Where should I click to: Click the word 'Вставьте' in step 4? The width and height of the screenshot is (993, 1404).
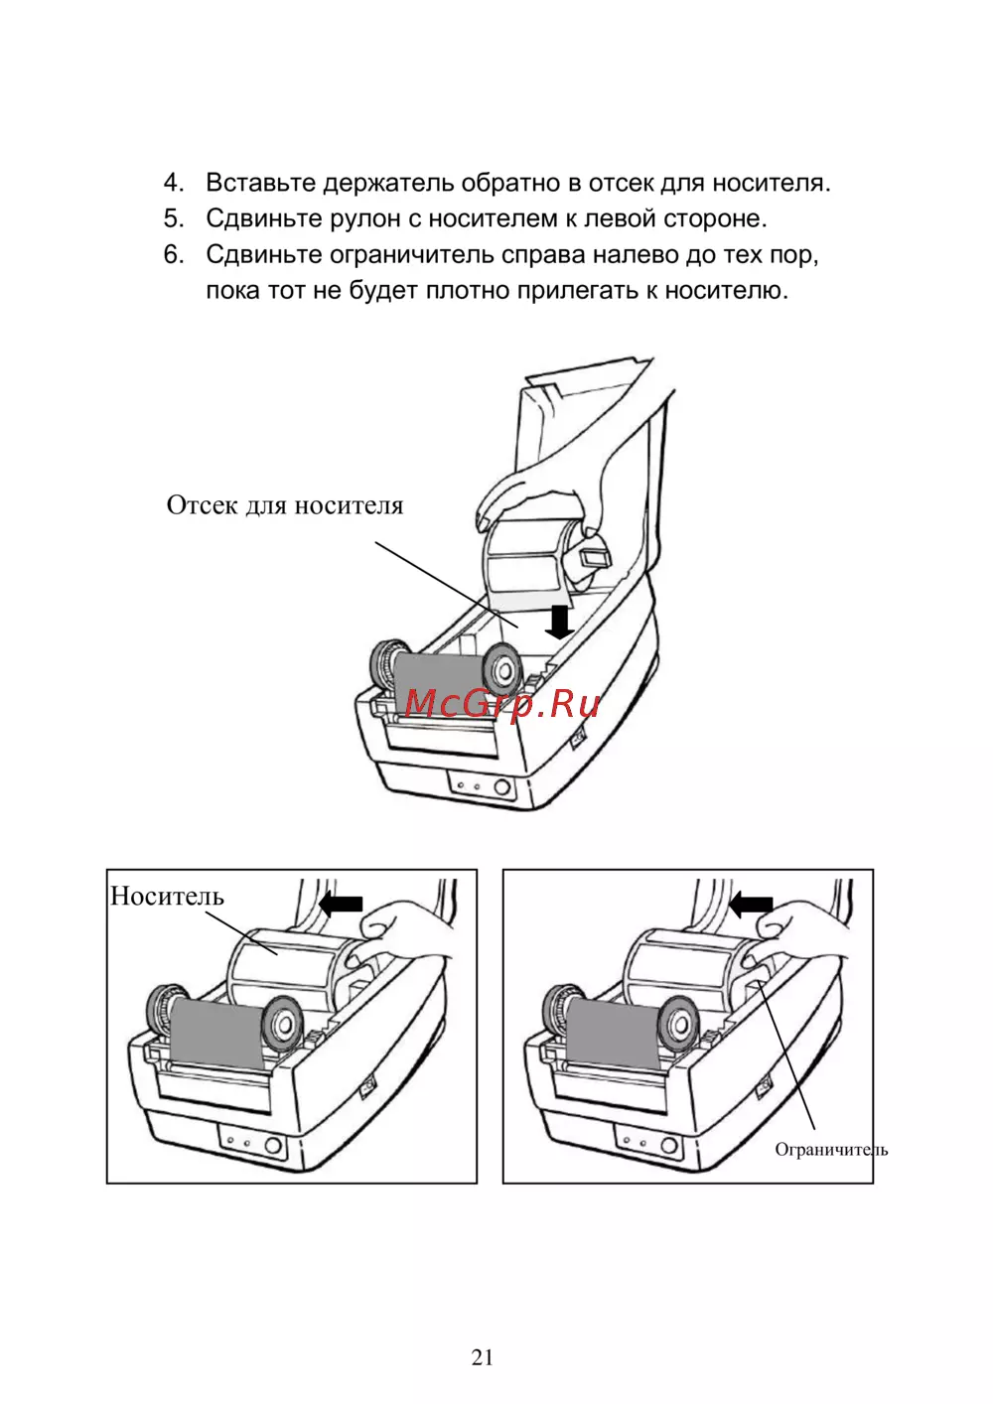pyautogui.click(x=261, y=183)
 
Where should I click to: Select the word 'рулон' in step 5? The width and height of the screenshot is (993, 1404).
pyautogui.click(x=365, y=218)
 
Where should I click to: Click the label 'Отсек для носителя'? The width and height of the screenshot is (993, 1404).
pyautogui.click(x=285, y=505)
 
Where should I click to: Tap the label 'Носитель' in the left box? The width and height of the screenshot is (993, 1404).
pyautogui.click(x=168, y=897)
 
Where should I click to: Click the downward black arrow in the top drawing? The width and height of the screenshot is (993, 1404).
pyautogui.click(x=558, y=622)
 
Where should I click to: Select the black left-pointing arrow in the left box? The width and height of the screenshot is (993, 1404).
pyautogui.click(x=341, y=904)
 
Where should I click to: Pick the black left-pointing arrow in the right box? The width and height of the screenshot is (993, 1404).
pyautogui.click(x=751, y=905)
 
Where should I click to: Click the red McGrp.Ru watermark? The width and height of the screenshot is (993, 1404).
pyautogui.click(x=502, y=704)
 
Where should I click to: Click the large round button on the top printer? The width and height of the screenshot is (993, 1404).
pyautogui.click(x=501, y=786)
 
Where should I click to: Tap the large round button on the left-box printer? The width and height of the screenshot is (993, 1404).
pyautogui.click(x=273, y=1146)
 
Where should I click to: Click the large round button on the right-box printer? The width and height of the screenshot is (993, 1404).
pyautogui.click(x=669, y=1146)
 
